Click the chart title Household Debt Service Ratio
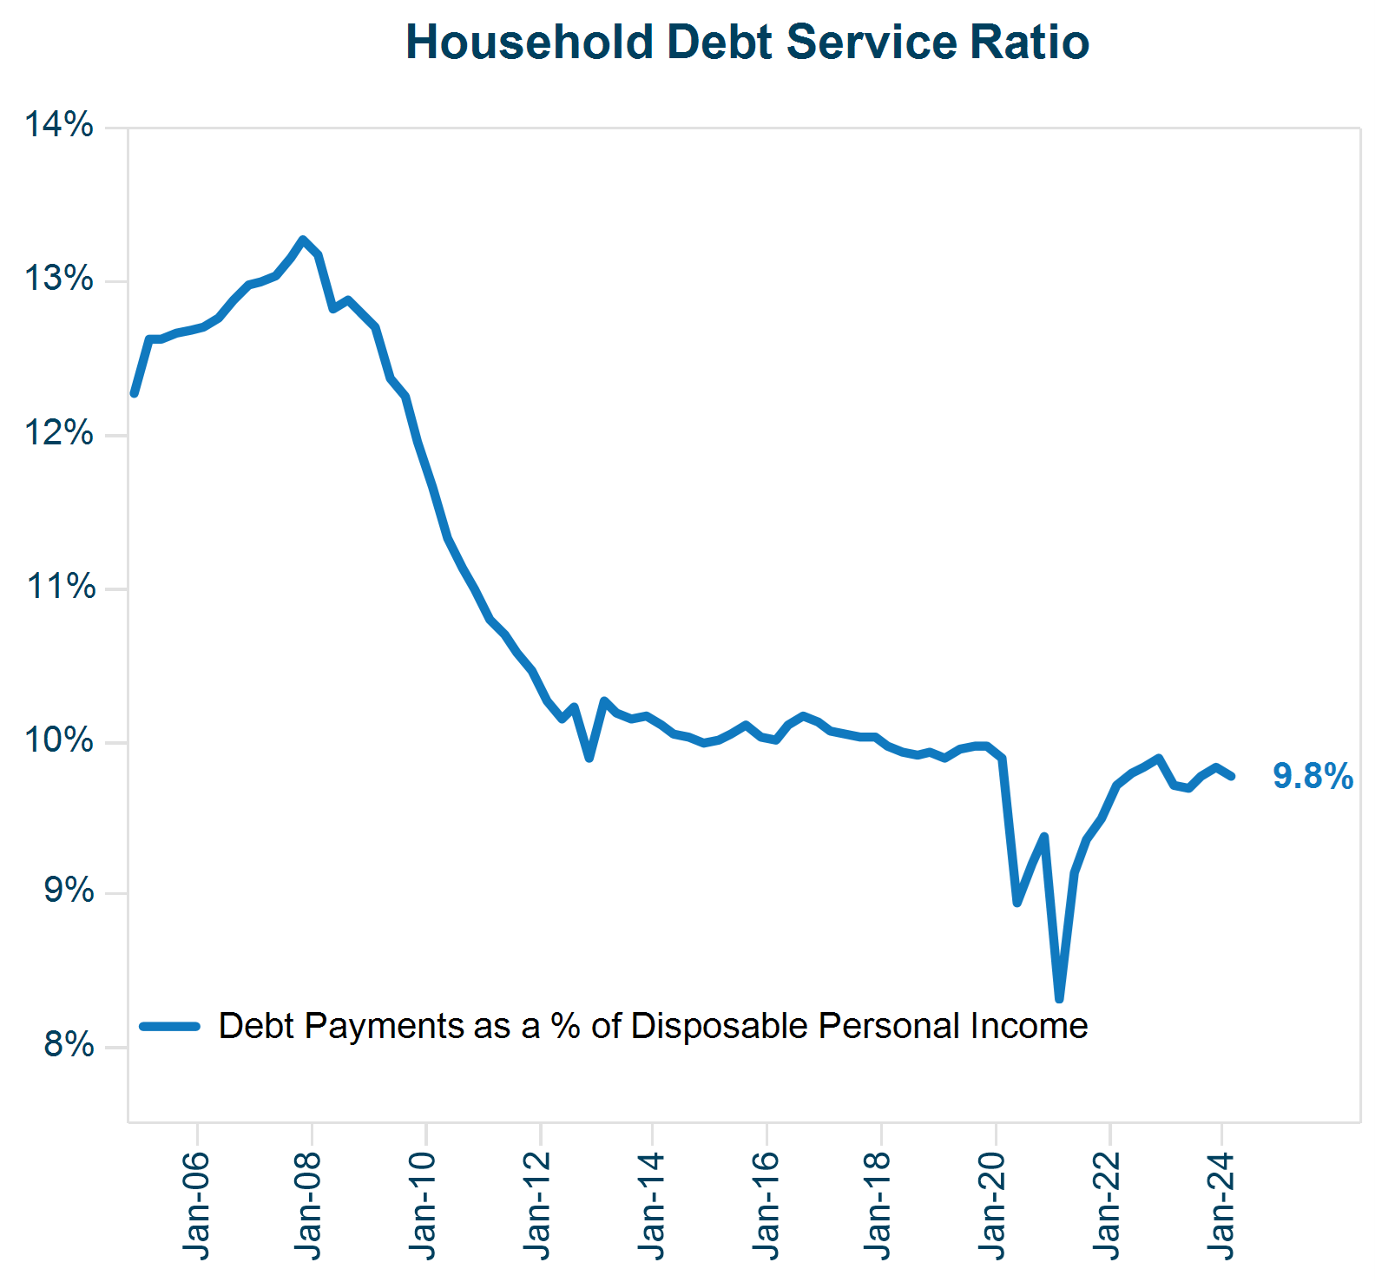pos(747,42)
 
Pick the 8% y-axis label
pos(69,1045)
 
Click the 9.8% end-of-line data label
pos(1312,776)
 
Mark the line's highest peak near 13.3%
pos(302,239)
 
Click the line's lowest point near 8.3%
pos(1059,999)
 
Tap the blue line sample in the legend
pos(170,1026)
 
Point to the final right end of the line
pos(1231,776)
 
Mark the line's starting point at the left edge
pos(134,394)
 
